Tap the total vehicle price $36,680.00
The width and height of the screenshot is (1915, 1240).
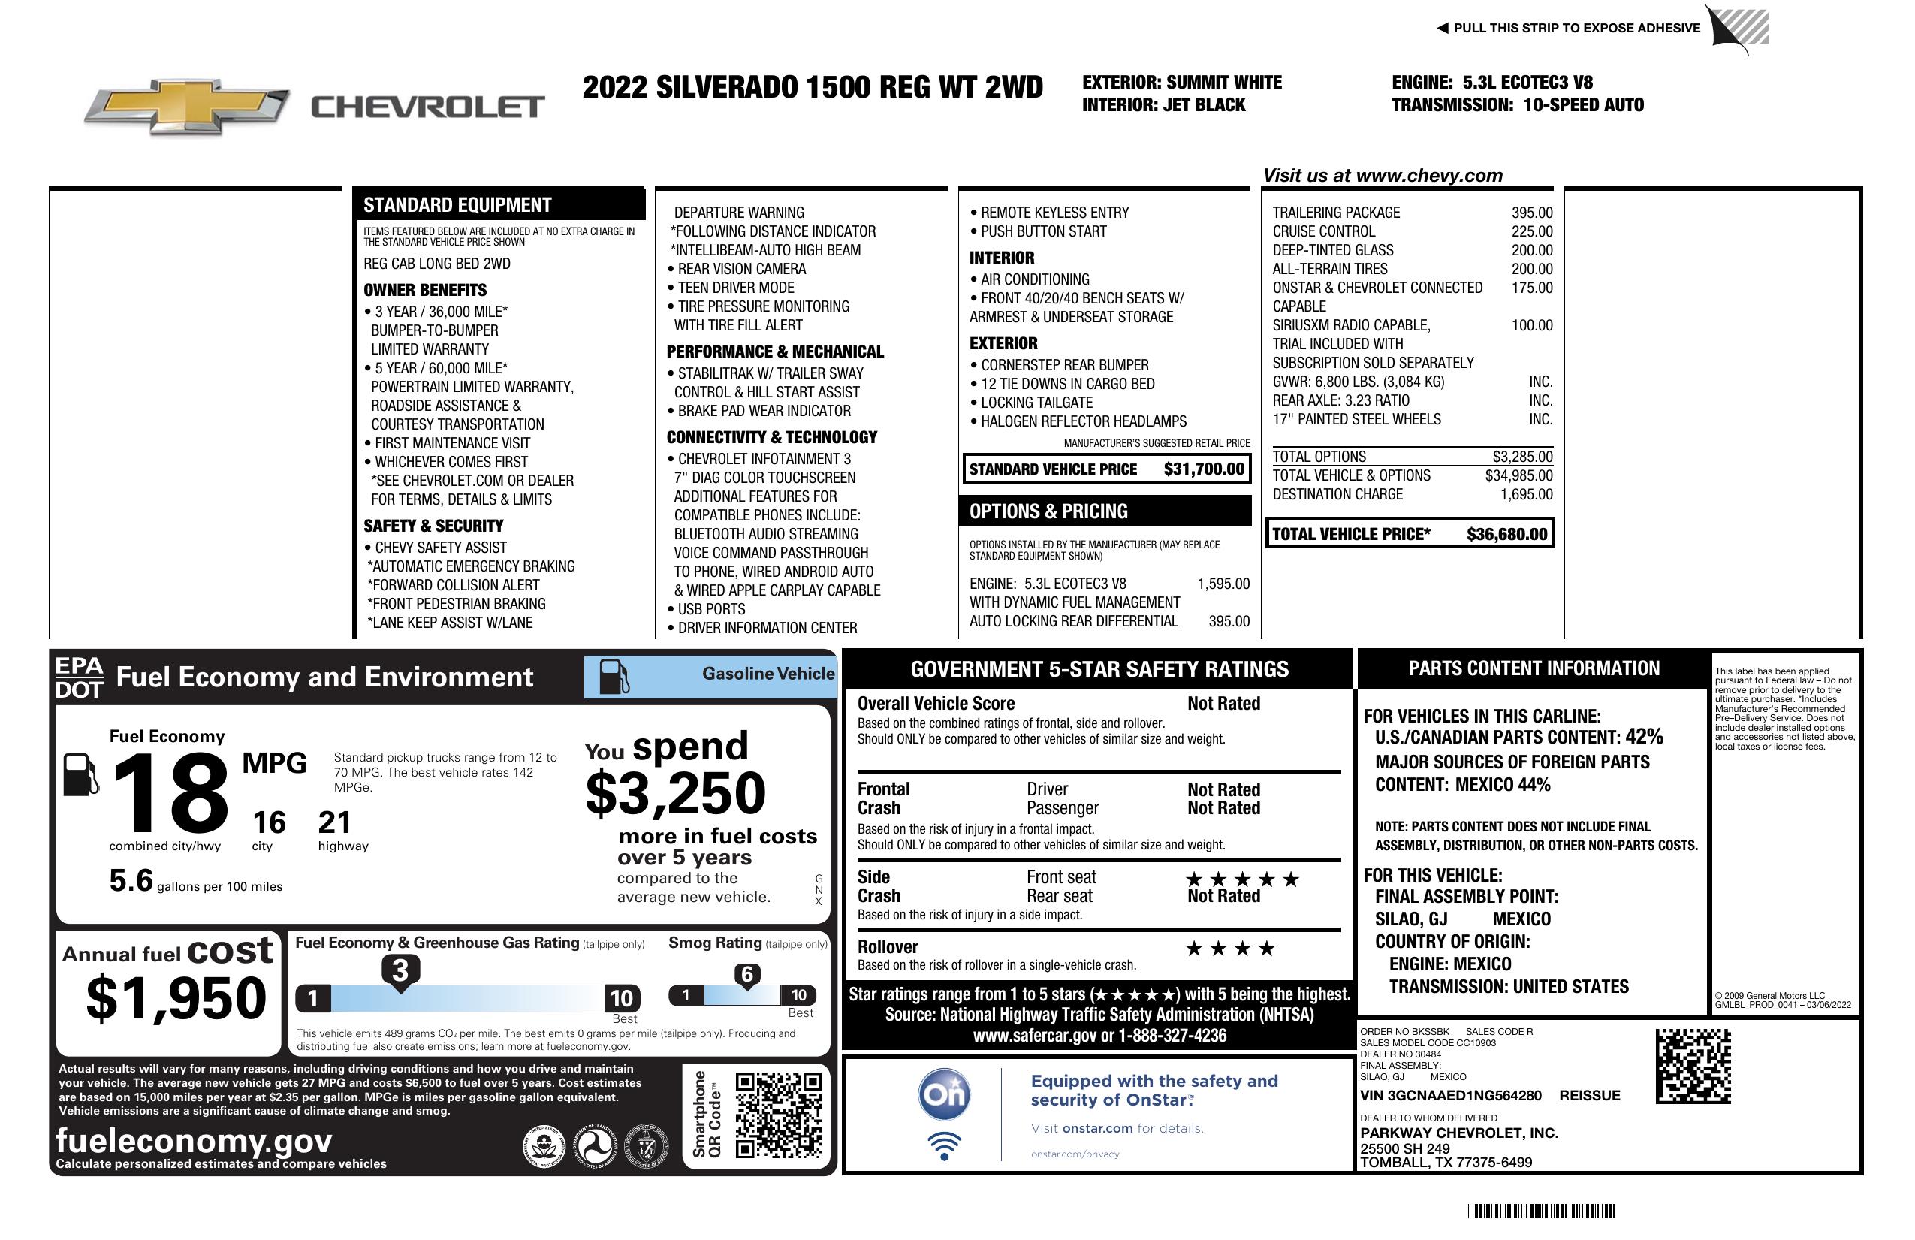[x=1506, y=534]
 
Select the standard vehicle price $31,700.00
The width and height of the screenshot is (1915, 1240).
[x=1204, y=469]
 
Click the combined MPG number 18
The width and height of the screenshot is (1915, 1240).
[x=170, y=793]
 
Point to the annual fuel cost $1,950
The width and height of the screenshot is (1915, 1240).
[x=176, y=998]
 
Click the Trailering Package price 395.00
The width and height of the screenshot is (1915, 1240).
[x=1531, y=213]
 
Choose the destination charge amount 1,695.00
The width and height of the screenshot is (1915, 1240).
[x=1525, y=494]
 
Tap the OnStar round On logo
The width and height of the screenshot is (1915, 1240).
[x=944, y=1094]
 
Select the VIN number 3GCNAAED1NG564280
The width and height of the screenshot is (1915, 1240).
[x=1450, y=1095]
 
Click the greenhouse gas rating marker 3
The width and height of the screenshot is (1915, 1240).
[x=400, y=971]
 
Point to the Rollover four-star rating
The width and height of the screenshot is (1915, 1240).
[x=1230, y=949]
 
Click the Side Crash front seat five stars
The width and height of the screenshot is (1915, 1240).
[x=1242, y=879]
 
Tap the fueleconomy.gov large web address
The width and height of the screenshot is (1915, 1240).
[x=194, y=1140]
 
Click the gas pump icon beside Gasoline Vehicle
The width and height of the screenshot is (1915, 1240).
[x=614, y=676]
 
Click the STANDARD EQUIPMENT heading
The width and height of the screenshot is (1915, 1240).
[x=457, y=205]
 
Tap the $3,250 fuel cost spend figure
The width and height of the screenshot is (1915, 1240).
[x=675, y=793]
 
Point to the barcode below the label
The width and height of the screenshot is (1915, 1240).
[x=1540, y=1211]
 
